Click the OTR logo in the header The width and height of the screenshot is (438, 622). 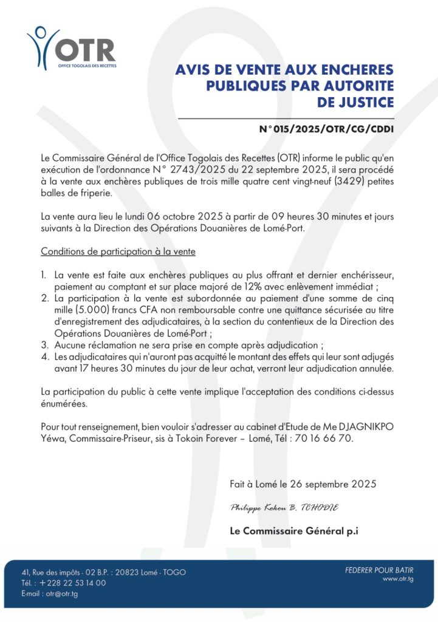pyautogui.click(x=71, y=47)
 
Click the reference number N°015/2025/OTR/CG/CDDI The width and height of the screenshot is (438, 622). pyautogui.click(x=326, y=129)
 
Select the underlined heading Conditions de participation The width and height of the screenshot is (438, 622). pyautogui.click(x=118, y=251)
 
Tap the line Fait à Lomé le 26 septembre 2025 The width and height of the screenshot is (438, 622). pyautogui.click(x=303, y=484)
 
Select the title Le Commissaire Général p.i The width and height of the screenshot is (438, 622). pyautogui.click(x=293, y=530)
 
